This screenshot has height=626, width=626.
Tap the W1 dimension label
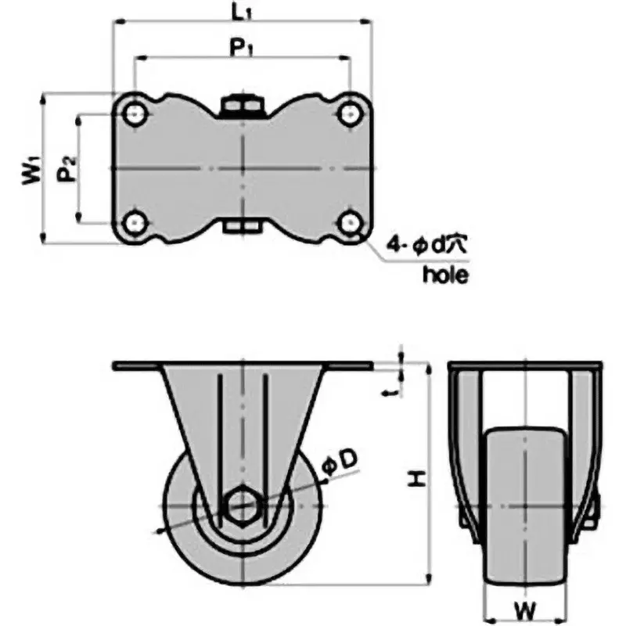(31, 170)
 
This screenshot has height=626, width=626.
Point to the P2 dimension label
(68, 169)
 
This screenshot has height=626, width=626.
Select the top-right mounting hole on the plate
(350, 115)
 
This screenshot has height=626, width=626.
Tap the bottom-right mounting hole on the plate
(350, 223)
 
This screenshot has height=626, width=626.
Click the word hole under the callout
(444, 274)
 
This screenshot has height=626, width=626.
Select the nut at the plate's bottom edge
(243, 228)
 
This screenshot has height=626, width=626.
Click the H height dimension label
(420, 477)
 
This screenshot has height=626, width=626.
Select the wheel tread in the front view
(524, 509)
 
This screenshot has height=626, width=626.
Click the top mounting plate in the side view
(243, 366)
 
